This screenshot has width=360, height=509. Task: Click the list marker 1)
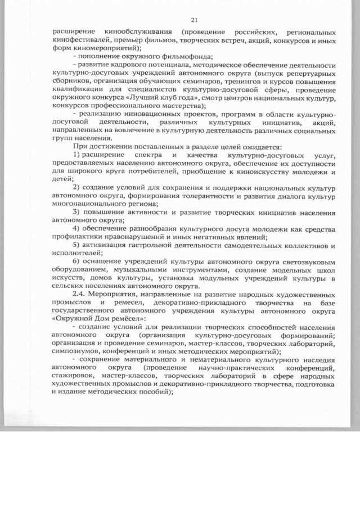(78, 154)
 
